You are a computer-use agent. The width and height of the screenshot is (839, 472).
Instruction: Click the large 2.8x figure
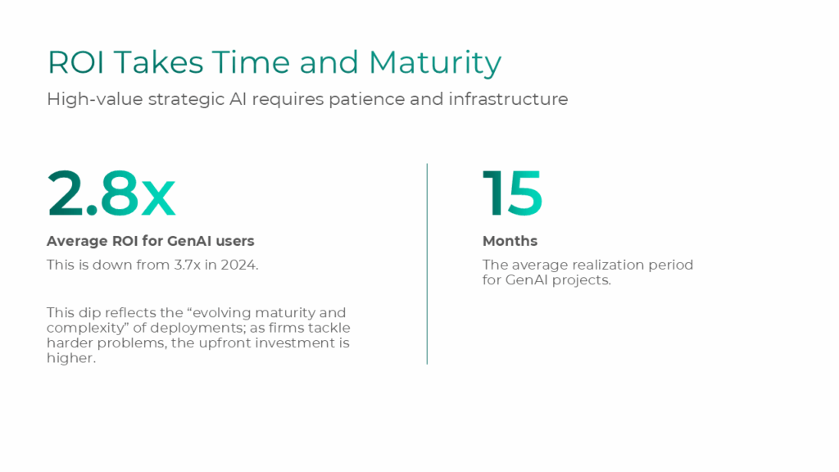point(111,194)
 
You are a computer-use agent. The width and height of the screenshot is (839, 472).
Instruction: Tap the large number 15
point(512,194)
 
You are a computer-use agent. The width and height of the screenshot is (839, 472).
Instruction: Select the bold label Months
point(510,241)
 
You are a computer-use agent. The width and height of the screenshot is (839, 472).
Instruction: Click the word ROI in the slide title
point(75,63)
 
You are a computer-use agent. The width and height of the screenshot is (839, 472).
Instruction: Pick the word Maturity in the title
point(434,64)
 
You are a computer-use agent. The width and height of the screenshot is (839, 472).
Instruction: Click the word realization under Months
point(601,265)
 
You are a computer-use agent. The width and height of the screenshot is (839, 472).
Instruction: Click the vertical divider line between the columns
point(427,263)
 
